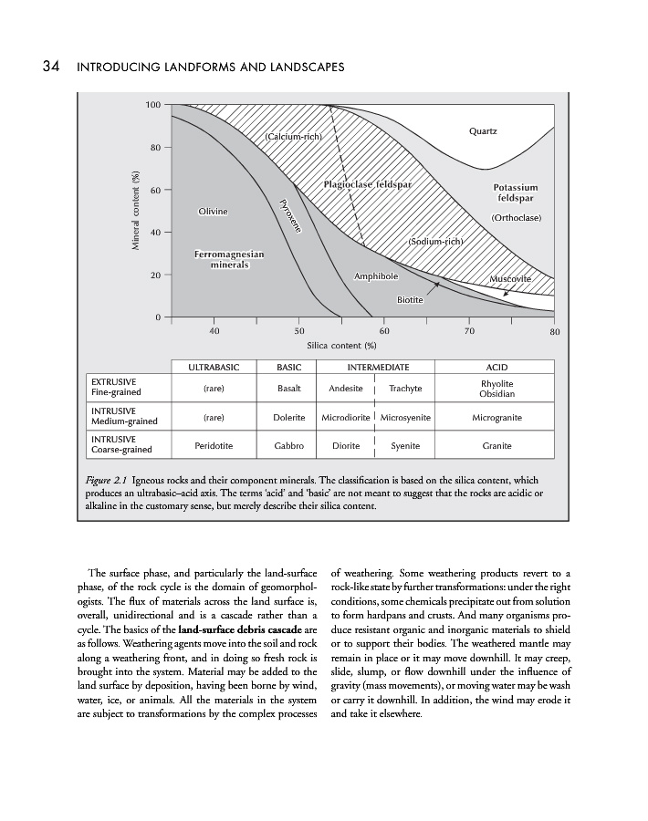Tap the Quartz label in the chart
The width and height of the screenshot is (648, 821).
[483, 131]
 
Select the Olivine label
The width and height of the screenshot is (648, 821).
[213, 212]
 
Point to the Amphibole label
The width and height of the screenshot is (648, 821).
[375, 275]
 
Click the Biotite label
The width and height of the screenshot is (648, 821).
[410, 299]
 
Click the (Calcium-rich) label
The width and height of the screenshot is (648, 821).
[295, 137]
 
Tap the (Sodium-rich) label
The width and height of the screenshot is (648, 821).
[436, 242]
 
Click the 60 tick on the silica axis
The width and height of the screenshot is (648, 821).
[384, 332]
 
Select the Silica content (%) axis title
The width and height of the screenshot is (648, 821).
[342, 346]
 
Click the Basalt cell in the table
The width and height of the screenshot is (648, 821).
[288, 388]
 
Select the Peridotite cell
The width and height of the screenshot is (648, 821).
[214, 446]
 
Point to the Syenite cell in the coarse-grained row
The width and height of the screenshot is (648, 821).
[405, 446]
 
